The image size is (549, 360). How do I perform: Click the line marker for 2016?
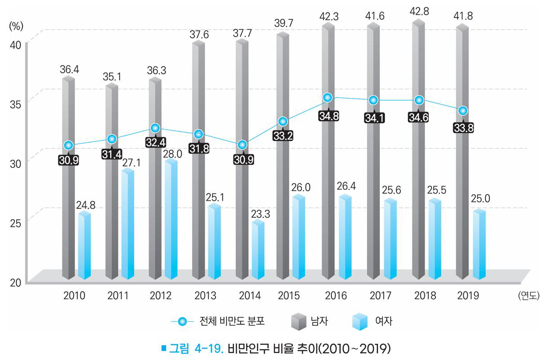click(328, 98)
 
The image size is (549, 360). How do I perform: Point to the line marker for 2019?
click(463, 111)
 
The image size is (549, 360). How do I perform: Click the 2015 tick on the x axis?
click(289, 296)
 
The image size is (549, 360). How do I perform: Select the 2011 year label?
click(118, 296)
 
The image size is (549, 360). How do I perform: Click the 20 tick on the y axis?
click(16, 282)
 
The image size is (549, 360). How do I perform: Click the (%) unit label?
click(16, 26)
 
